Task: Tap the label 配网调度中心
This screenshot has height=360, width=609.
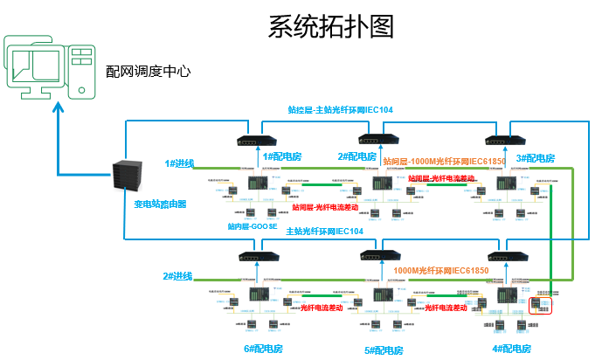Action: (148, 72)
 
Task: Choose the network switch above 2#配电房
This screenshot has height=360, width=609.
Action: (376, 140)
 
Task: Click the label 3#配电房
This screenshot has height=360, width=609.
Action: (536, 158)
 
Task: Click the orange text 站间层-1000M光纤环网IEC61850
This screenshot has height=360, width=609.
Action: (445, 162)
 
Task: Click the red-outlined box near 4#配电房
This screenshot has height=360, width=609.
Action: (542, 306)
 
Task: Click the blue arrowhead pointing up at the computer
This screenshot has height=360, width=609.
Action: (59, 105)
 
